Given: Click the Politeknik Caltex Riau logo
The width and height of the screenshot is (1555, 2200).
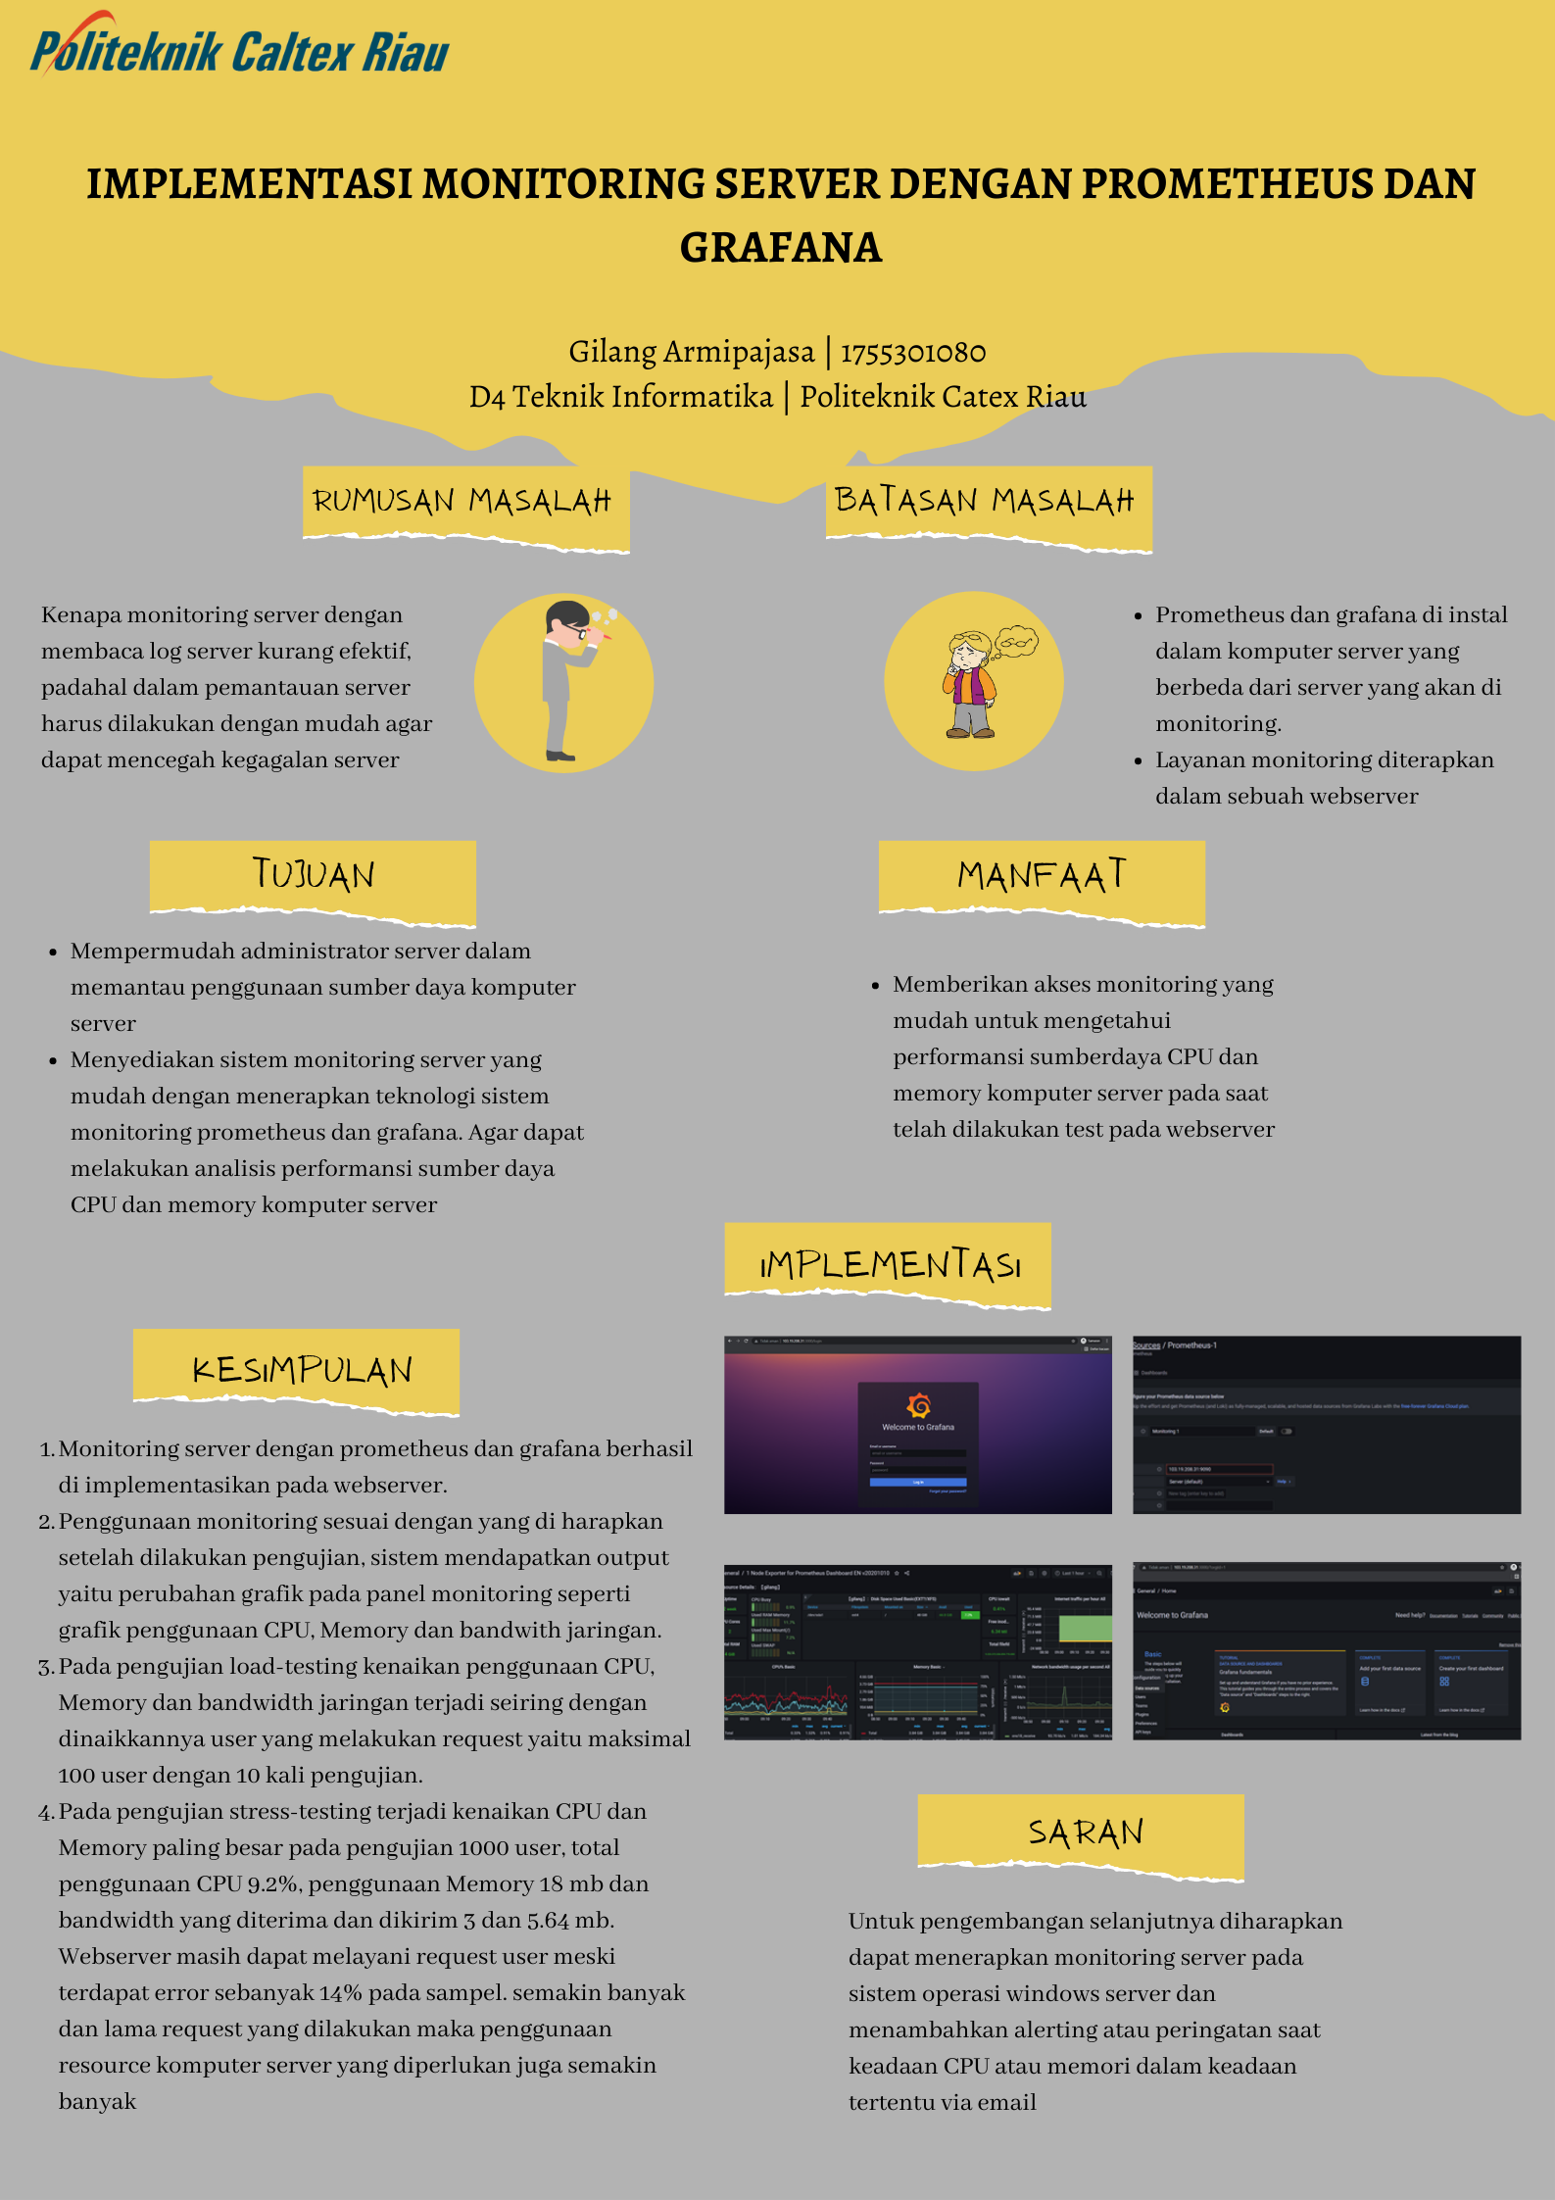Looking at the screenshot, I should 240,48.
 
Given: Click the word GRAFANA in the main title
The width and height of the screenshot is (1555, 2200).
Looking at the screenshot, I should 781,248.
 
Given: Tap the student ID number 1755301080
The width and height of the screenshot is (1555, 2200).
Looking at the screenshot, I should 913,352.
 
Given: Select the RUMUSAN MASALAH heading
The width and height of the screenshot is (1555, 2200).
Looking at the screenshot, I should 462,501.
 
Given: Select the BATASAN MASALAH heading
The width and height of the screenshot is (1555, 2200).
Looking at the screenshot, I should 985,501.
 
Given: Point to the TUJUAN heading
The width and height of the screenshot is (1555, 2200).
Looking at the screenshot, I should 314,874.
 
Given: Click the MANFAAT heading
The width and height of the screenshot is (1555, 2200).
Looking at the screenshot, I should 1042,875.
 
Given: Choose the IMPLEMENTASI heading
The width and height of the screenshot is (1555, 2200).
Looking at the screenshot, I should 890,1264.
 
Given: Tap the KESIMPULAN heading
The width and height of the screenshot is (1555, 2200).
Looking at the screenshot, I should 302,1369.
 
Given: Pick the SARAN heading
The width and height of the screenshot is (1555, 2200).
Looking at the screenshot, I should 1086,1832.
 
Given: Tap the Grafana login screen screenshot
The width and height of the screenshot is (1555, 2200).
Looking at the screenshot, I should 918,1424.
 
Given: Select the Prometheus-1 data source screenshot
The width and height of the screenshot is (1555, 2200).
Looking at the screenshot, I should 1327,1424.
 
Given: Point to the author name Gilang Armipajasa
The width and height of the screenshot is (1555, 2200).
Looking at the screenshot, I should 692,352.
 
